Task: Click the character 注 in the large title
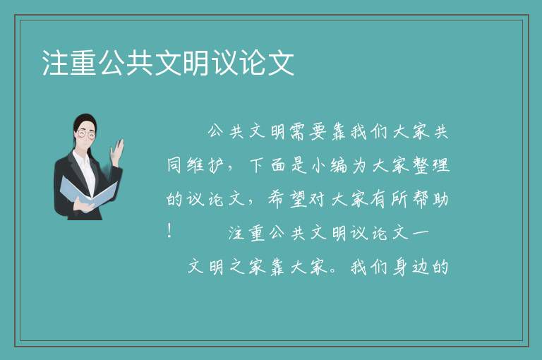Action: point(55,63)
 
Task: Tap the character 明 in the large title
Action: point(196,63)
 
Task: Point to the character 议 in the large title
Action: point(224,63)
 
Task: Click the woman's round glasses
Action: point(86,134)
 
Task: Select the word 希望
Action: point(287,200)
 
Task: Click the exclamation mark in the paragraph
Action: point(169,231)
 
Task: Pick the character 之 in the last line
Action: point(237,267)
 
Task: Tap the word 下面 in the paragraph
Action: point(267,165)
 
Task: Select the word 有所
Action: point(390,200)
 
